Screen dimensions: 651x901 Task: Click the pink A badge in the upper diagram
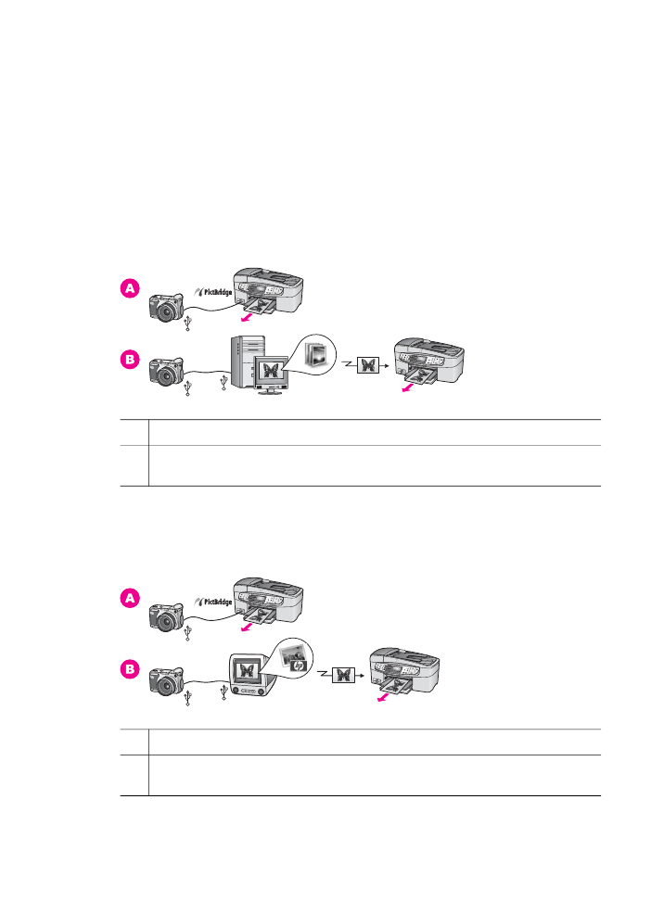coord(130,288)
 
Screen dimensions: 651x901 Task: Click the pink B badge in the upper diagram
coord(130,360)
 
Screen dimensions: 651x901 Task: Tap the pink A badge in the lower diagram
coord(130,598)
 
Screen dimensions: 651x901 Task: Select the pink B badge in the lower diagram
coord(130,669)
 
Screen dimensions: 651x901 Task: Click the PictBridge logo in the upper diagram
coord(212,292)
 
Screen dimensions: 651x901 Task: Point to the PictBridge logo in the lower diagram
coord(212,602)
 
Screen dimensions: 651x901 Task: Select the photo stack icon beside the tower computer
coord(316,354)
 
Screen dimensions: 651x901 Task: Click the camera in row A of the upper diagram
coord(166,307)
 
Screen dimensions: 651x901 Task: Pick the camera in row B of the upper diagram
coord(166,371)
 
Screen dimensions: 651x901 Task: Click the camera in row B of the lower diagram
coord(166,679)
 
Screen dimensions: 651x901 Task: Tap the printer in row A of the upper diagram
coord(268,293)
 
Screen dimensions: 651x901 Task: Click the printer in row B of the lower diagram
coord(403,671)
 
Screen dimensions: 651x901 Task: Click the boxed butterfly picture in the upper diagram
coord(368,365)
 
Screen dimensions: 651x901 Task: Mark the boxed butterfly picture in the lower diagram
coord(343,675)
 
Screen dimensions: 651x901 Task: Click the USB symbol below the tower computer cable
coord(223,383)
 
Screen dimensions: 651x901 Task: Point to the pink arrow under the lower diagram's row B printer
coord(382,697)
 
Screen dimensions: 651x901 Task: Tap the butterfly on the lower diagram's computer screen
coord(248,670)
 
